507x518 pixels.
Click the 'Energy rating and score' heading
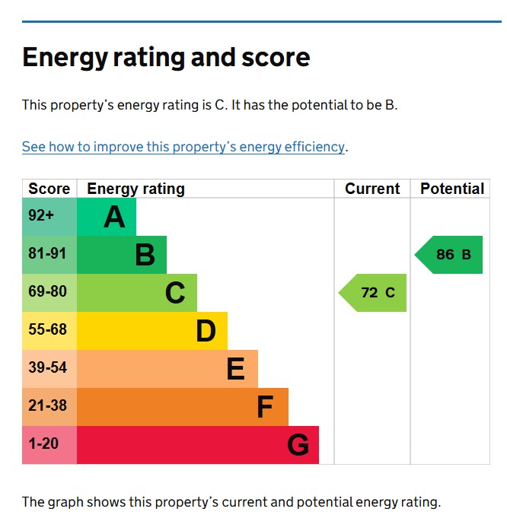click(x=166, y=58)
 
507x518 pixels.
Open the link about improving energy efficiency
click(x=183, y=147)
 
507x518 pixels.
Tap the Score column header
click(x=49, y=189)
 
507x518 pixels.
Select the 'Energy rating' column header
click(x=136, y=189)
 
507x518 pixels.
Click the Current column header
click(x=372, y=189)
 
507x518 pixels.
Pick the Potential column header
click(x=452, y=189)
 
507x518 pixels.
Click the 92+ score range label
click(x=41, y=216)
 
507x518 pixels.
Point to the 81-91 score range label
click(x=47, y=254)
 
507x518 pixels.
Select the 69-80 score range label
click(x=47, y=292)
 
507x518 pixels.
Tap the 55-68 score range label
click(x=47, y=330)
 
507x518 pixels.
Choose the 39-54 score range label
click(x=47, y=368)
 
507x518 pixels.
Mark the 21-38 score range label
click(x=47, y=406)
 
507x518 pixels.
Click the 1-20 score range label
click(x=43, y=444)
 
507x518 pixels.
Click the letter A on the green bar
click(x=114, y=218)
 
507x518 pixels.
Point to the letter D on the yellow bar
click(x=206, y=332)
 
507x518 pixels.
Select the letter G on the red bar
click(x=298, y=446)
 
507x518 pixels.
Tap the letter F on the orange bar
click(x=264, y=408)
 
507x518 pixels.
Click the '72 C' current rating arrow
click(x=374, y=293)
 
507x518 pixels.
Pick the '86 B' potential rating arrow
click(x=450, y=255)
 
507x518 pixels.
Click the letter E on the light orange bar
click(x=235, y=370)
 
